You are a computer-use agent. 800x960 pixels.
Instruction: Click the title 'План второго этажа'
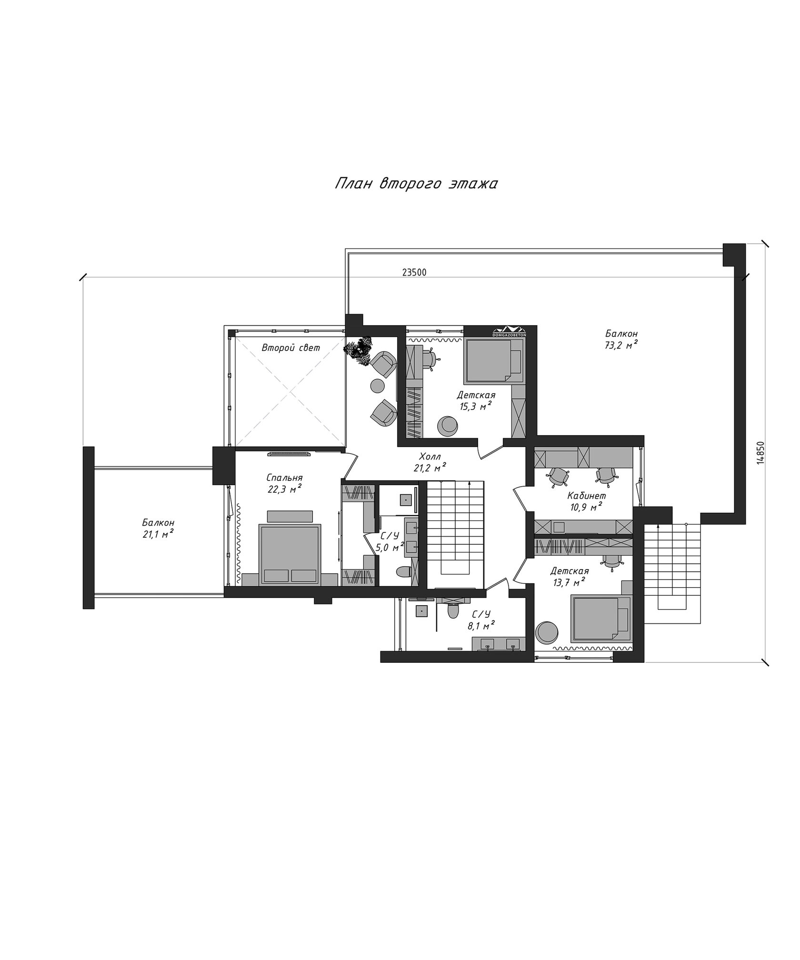click(x=416, y=184)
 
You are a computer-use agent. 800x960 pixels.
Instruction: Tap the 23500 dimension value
click(x=414, y=272)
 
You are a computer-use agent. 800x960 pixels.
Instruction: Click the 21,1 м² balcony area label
click(x=158, y=534)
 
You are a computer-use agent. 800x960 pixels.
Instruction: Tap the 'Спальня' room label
click(x=285, y=478)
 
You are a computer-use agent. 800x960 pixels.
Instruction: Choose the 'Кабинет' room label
click(x=587, y=496)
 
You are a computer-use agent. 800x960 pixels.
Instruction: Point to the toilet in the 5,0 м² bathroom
click(x=404, y=571)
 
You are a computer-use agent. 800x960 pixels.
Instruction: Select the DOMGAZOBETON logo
click(x=509, y=331)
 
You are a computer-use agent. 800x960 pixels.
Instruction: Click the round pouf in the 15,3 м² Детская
click(x=448, y=425)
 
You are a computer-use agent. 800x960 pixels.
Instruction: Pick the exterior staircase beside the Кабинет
click(x=673, y=574)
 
